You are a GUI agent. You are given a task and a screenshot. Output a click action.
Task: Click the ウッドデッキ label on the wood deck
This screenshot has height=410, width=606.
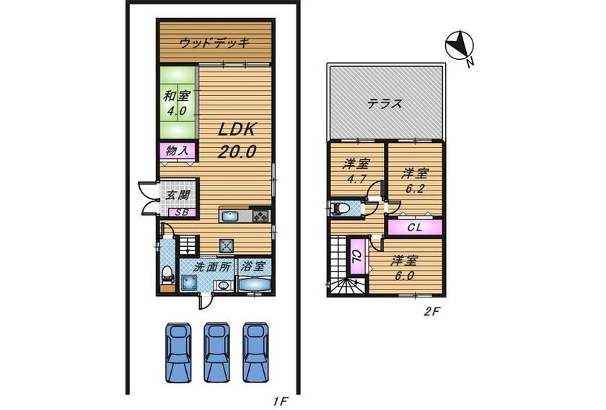[215, 43]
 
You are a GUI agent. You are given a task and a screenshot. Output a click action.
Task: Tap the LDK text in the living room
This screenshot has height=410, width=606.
[237, 130]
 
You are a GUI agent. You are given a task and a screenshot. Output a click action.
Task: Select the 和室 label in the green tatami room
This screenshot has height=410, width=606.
[177, 96]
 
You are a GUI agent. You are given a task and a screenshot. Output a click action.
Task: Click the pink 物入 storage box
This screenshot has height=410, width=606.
[177, 151]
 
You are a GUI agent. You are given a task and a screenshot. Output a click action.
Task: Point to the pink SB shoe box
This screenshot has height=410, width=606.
[182, 212]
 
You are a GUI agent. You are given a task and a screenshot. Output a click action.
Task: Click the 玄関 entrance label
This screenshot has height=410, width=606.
[177, 195]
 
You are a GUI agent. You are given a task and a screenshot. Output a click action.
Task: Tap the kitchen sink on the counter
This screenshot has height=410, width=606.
[231, 216]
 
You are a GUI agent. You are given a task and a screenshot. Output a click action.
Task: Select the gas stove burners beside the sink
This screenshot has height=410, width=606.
[260, 216]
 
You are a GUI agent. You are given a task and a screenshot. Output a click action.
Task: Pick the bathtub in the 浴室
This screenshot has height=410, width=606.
[254, 284]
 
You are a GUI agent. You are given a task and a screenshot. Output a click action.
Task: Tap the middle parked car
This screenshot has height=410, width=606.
[216, 352]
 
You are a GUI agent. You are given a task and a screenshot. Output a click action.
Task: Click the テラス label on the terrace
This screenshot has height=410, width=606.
[385, 104]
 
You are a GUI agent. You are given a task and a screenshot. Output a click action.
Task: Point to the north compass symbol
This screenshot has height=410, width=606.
[459, 45]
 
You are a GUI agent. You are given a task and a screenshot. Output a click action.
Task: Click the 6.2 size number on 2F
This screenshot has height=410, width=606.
[415, 188]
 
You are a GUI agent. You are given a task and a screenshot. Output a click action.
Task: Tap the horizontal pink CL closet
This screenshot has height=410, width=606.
[415, 227]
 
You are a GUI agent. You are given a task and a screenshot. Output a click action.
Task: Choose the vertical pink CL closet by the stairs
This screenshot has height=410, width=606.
[358, 256]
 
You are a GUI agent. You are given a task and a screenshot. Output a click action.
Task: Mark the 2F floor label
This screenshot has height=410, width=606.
[431, 312]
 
